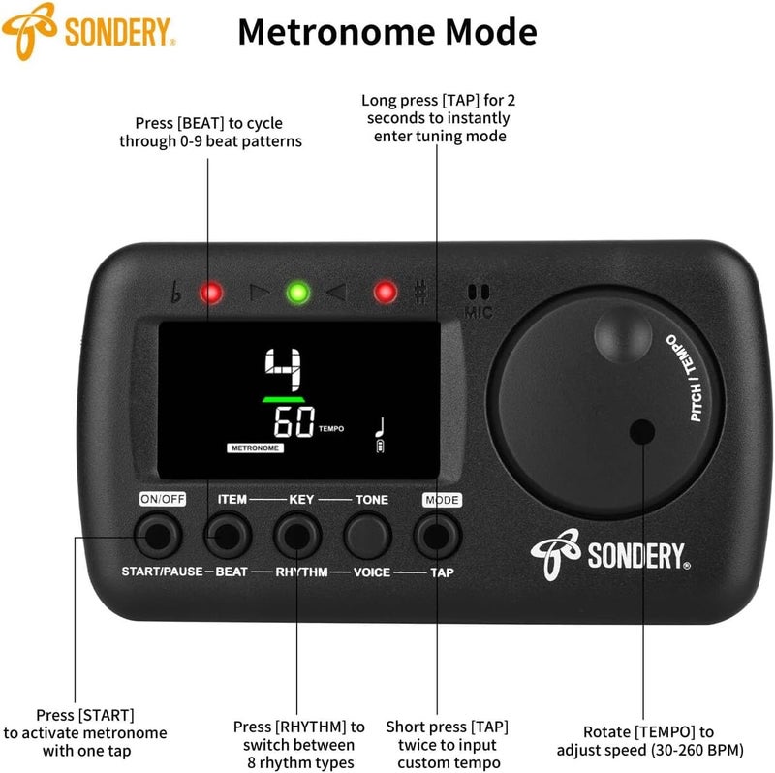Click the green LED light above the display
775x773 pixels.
click(298, 293)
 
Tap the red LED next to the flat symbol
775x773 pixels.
click(211, 293)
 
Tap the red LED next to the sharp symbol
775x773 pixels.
click(386, 293)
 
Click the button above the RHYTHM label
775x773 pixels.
click(297, 536)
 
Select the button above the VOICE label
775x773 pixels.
click(367, 536)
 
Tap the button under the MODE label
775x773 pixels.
click(438, 536)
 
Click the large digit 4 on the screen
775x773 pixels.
click(283, 370)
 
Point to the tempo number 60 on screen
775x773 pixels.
click(294, 422)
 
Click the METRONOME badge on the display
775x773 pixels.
click(255, 448)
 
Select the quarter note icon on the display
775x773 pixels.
click(381, 428)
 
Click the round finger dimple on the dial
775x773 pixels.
click(623, 334)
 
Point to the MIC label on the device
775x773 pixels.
click(479, 312)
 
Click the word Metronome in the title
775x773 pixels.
click(337, 32)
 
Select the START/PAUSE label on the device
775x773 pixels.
click(162, 572)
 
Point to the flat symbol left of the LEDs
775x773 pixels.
click(175, 292)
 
